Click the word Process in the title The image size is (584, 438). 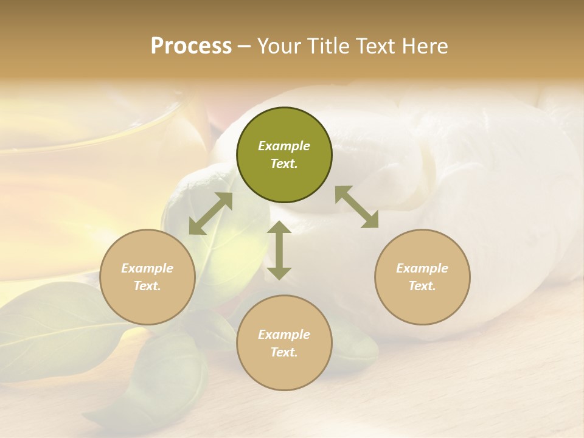[x=191, y=46]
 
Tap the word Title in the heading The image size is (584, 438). [x=328, y=46]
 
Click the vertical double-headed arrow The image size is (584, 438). [x=279, y=251]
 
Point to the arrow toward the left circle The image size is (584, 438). [x=210, y=214]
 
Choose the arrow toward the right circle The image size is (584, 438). [x=357, y=207]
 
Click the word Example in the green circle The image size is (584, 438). [x=284, y=146]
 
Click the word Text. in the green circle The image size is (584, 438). [x=284, y=164]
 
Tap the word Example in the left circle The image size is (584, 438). [x=147, y=268]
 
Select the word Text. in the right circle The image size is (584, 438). [x=422, y=286]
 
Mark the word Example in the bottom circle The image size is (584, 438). [x=284, y=335]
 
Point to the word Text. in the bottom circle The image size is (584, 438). [x=284, y=352]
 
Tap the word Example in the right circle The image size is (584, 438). [x=422, y=268]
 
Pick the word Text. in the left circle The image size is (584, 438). [x=147, y=286]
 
